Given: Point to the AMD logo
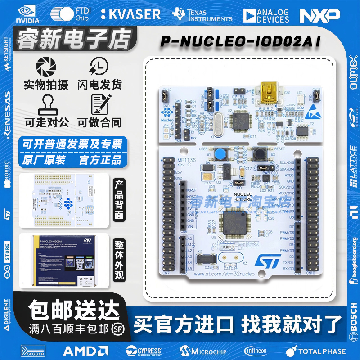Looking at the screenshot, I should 85,351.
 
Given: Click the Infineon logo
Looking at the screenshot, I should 258,351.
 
